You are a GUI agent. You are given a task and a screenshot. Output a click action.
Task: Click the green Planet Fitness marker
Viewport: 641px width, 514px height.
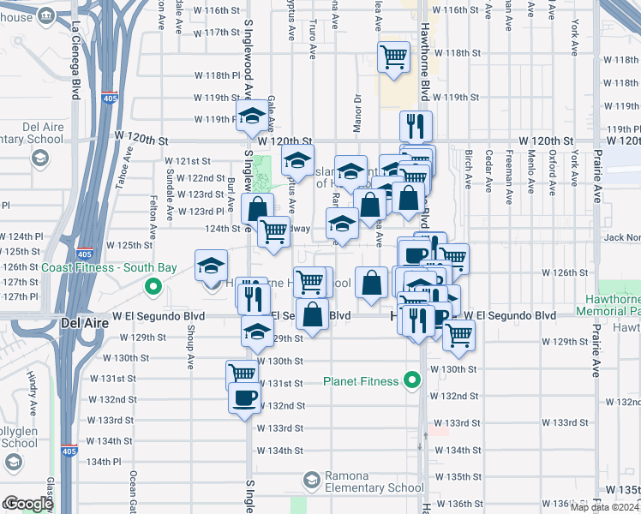click(412, 380)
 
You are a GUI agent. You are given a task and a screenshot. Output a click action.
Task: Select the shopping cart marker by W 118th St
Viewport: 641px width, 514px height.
click(393, 57)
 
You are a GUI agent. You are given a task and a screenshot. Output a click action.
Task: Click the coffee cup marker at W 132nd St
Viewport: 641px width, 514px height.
click(244, 397)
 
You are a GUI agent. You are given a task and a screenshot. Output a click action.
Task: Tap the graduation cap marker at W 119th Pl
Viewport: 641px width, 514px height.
click(252, 117)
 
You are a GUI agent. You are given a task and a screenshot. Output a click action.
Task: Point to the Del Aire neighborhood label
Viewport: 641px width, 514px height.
click(84, 323)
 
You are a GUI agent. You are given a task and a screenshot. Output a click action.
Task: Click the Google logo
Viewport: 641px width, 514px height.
click(27, 504)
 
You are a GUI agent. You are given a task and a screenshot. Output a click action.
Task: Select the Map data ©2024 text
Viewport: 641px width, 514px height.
click(605, 506)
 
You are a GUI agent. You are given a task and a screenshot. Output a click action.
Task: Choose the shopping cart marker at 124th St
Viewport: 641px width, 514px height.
click(273, 230)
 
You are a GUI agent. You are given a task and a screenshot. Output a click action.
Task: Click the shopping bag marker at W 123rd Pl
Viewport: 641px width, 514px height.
click(257, 208)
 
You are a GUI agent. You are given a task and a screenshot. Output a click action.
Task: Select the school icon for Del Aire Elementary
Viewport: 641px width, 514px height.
click(39, 158)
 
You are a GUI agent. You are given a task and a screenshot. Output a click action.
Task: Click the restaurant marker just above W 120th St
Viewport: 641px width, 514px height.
click(416, 126)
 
